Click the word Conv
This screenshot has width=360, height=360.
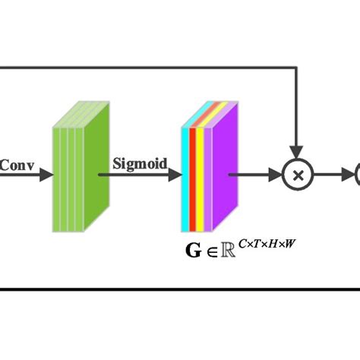coord(16,163)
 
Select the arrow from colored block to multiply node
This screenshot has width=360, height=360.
coord(258,175)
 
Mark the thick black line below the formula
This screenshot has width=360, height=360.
coord(180,289)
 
